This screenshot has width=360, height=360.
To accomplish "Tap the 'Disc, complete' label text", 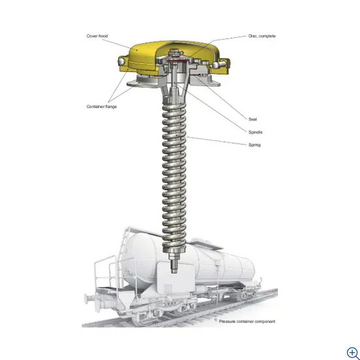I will click(261, 36).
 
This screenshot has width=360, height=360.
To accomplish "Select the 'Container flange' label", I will click(101, 106).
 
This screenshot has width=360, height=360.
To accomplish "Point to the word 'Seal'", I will click(252, 119).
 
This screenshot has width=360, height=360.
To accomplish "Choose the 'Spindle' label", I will click(255, 131).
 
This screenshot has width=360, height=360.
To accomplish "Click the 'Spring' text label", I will click(254, 144).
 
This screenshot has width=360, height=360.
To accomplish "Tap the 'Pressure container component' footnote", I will click(246, 321).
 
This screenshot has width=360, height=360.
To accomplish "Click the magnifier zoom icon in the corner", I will click(352, 352).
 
